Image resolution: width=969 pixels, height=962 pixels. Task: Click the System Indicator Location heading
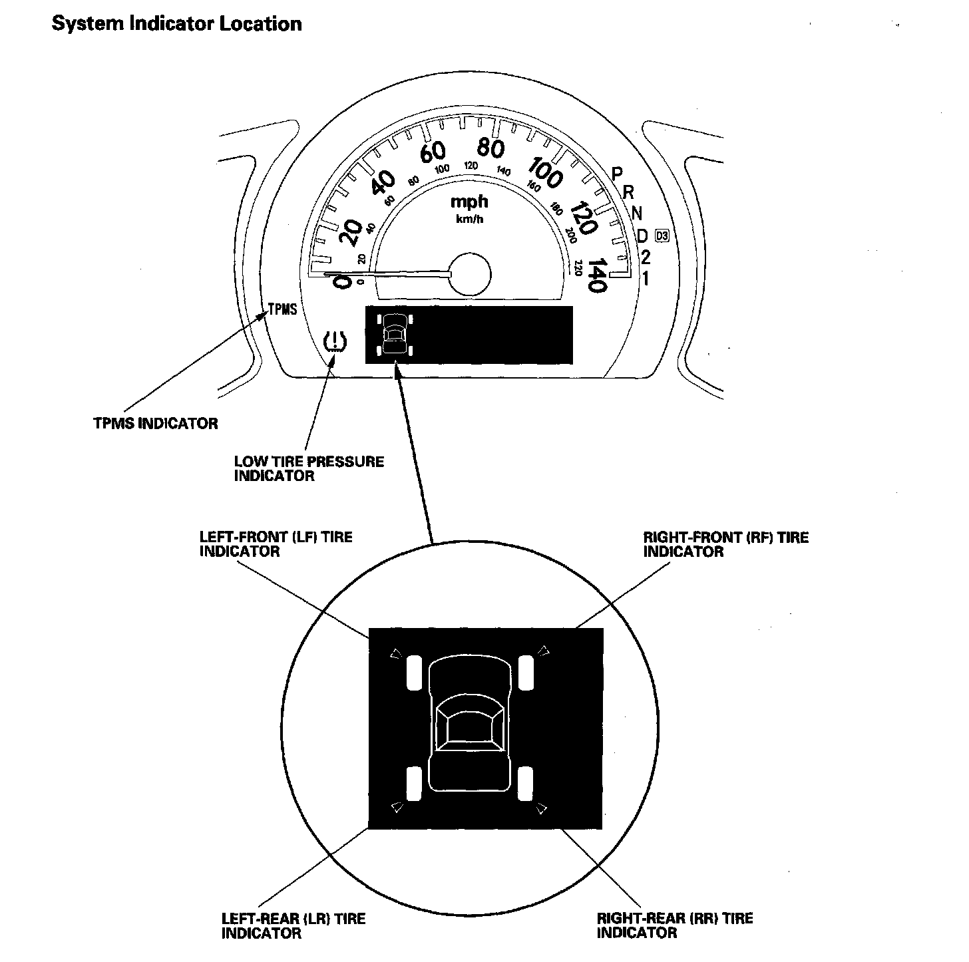click(x=176, y=24)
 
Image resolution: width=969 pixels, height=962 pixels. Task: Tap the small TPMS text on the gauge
click(x=282, y=310)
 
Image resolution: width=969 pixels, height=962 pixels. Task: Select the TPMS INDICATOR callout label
click(x=156, y=423)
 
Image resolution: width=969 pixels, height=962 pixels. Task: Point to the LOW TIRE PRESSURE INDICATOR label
click(x=309, y=468)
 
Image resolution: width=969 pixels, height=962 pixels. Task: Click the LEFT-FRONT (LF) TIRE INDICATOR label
click(x=276, y=544)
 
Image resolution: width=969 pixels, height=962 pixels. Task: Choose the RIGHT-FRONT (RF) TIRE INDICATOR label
click(x=725, y=544)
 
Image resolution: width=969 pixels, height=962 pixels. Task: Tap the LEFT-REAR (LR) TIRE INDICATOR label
click(x=293, y=926)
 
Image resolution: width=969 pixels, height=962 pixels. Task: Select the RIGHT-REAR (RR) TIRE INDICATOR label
click(x=675, y=926)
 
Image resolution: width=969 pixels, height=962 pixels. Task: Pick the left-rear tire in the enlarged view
click(x=414, y=783)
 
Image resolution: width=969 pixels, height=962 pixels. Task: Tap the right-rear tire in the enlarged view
click(x=526, y=783)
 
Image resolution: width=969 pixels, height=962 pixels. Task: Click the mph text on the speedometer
click(x=469, y=202)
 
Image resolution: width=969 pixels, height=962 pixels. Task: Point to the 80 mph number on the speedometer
click(x=490, y=148)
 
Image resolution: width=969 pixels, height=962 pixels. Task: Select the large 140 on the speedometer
click(x=596, y=275)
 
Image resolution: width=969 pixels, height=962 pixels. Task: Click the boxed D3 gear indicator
click(x=662, y=235)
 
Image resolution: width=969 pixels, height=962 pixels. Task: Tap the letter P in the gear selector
click(x=617, y=174)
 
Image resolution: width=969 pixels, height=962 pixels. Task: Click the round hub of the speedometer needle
click(x=469, y=273)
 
